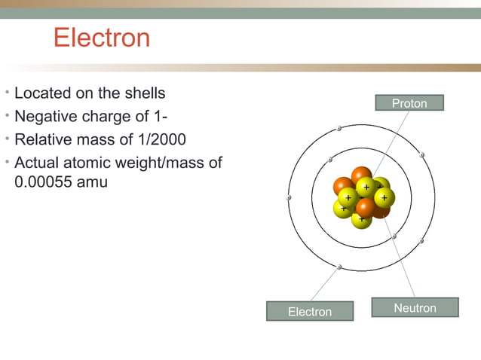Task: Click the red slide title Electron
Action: coord(101,38)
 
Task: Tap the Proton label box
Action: coord(409,103)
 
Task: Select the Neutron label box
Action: coord(415,307)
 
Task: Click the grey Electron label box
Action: coord(309,311)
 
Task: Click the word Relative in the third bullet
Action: coord(43,139)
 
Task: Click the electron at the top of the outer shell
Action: coord(340,130)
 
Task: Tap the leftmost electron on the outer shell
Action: coord(289,197)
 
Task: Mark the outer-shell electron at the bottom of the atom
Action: coord(340,267)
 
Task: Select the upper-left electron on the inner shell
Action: coord(330,160)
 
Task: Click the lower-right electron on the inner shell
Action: coord(394,236)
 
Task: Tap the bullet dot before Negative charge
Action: coord(7,117)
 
